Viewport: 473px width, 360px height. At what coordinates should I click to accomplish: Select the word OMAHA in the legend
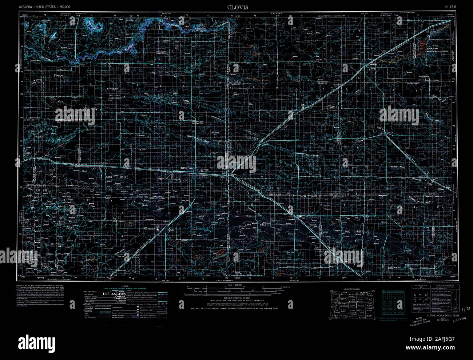(114, 297)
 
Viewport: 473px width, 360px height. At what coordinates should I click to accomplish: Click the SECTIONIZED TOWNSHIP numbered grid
(393, 302)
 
